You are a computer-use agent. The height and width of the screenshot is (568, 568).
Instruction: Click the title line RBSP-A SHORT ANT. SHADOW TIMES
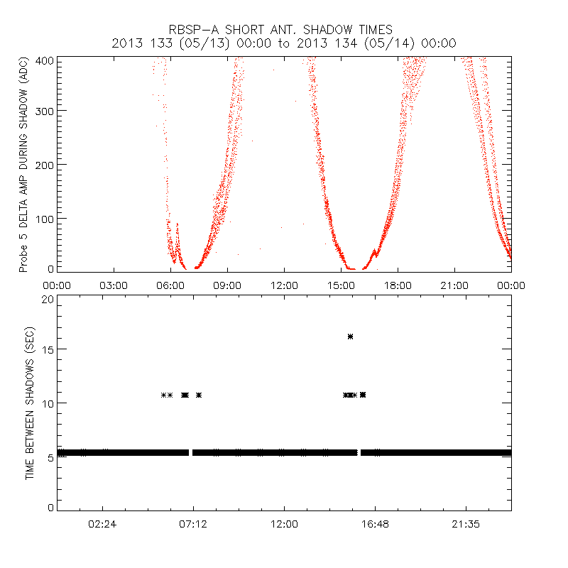coord(280,29)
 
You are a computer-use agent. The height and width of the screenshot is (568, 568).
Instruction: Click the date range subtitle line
coord(284,43)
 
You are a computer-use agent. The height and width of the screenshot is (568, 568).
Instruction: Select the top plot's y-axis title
coord(23,168)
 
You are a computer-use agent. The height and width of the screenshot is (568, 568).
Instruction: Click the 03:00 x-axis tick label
coord(114,285)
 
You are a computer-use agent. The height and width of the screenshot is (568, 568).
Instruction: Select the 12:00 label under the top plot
coord(284,285)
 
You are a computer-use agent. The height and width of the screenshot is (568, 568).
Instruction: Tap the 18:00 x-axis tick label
coord(398,285)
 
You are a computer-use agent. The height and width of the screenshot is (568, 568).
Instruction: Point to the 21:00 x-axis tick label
coord(454,285)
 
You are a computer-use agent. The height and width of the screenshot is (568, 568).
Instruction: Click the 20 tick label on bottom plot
coord(48,300)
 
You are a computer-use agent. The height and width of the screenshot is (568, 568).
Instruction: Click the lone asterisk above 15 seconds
coord(350,337)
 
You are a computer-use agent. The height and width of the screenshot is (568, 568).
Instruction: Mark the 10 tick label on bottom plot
coord(48,403)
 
